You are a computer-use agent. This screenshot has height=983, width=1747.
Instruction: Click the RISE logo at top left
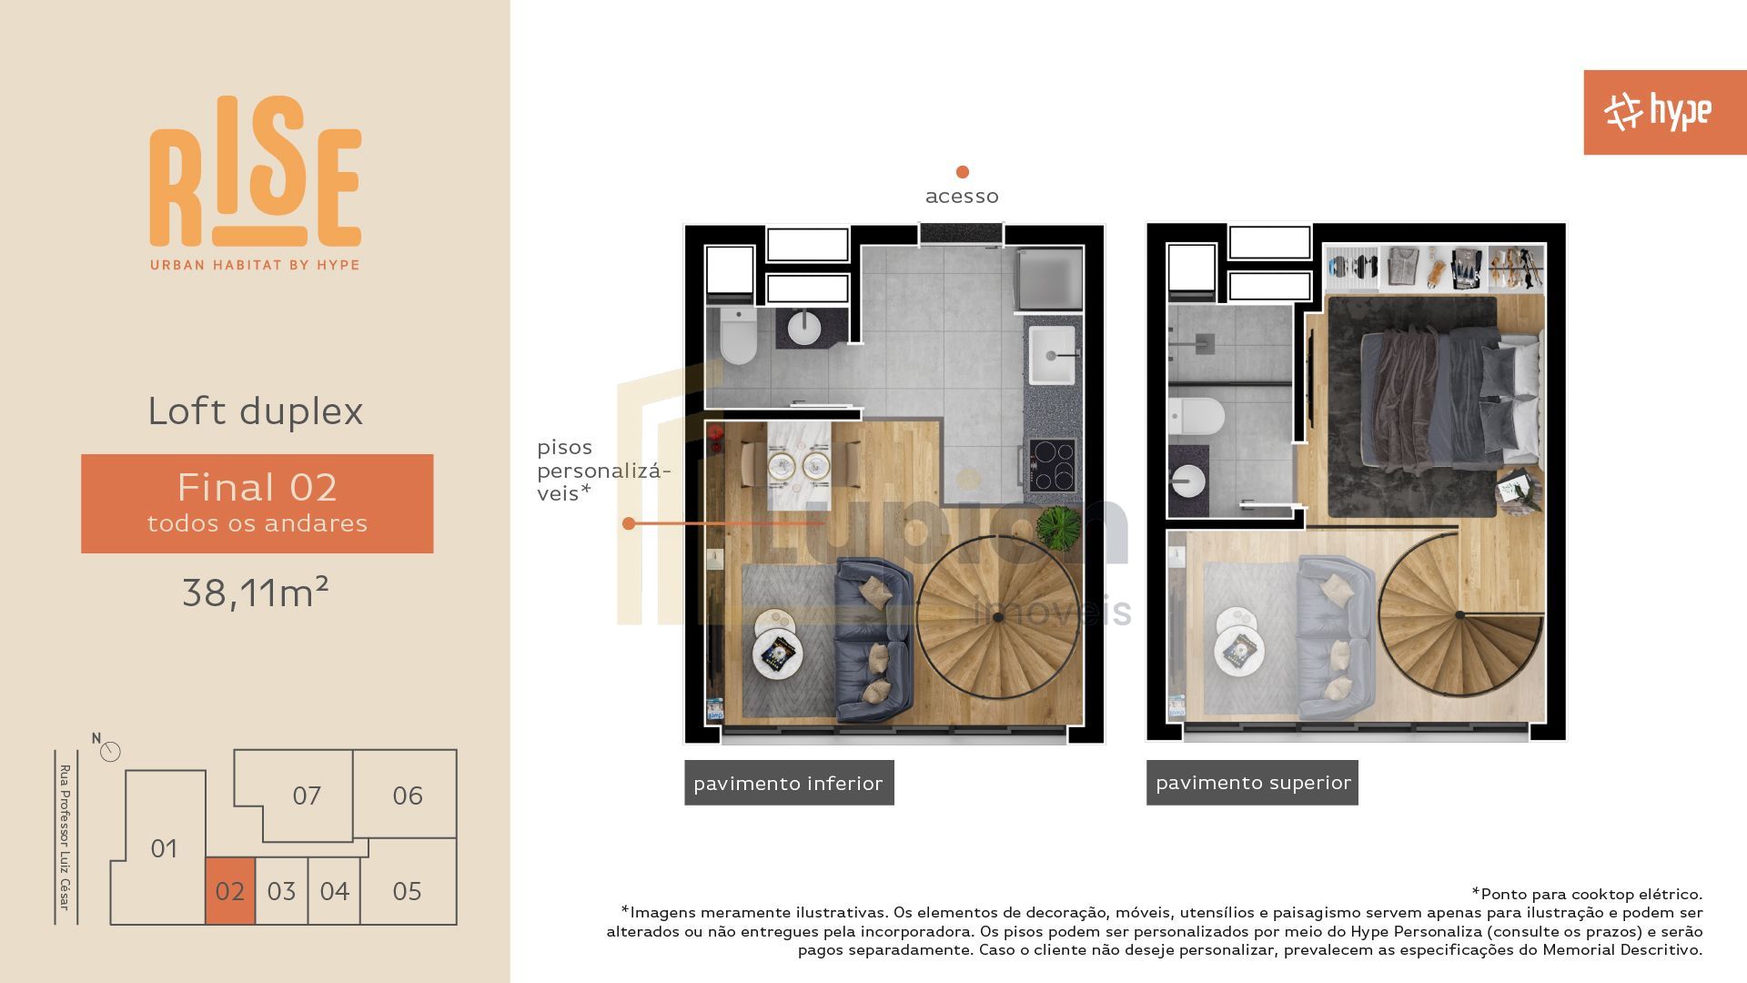(256, 183)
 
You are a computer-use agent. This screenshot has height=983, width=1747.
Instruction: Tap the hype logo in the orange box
(1658, 112)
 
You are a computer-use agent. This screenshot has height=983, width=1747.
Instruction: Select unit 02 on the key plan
(230, 891)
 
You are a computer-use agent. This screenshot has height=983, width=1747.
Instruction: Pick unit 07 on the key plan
(307, 796)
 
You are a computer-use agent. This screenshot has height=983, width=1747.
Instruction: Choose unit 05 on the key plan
(407, 891)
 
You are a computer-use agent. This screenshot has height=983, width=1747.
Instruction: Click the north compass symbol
(110, 751)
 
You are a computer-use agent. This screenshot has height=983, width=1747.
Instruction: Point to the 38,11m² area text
(256, 593)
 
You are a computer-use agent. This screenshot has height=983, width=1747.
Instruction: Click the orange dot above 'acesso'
(962, 172)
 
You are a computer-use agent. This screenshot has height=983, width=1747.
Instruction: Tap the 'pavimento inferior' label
(789, 783)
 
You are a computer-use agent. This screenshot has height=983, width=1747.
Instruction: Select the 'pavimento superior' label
(1252, 783)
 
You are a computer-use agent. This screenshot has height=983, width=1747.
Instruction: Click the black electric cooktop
(1053, 465)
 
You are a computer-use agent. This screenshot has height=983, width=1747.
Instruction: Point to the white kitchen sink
(1052, 356)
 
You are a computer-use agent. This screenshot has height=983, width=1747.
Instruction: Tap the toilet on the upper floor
(1197, 417)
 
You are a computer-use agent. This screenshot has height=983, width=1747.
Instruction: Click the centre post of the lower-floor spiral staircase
(997, 617)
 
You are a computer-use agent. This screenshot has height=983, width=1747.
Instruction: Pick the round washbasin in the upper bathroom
(1188, 481)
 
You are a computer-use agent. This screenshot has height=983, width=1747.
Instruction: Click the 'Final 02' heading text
(258, 487)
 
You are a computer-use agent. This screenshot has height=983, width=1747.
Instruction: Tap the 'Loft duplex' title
(256, 410)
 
